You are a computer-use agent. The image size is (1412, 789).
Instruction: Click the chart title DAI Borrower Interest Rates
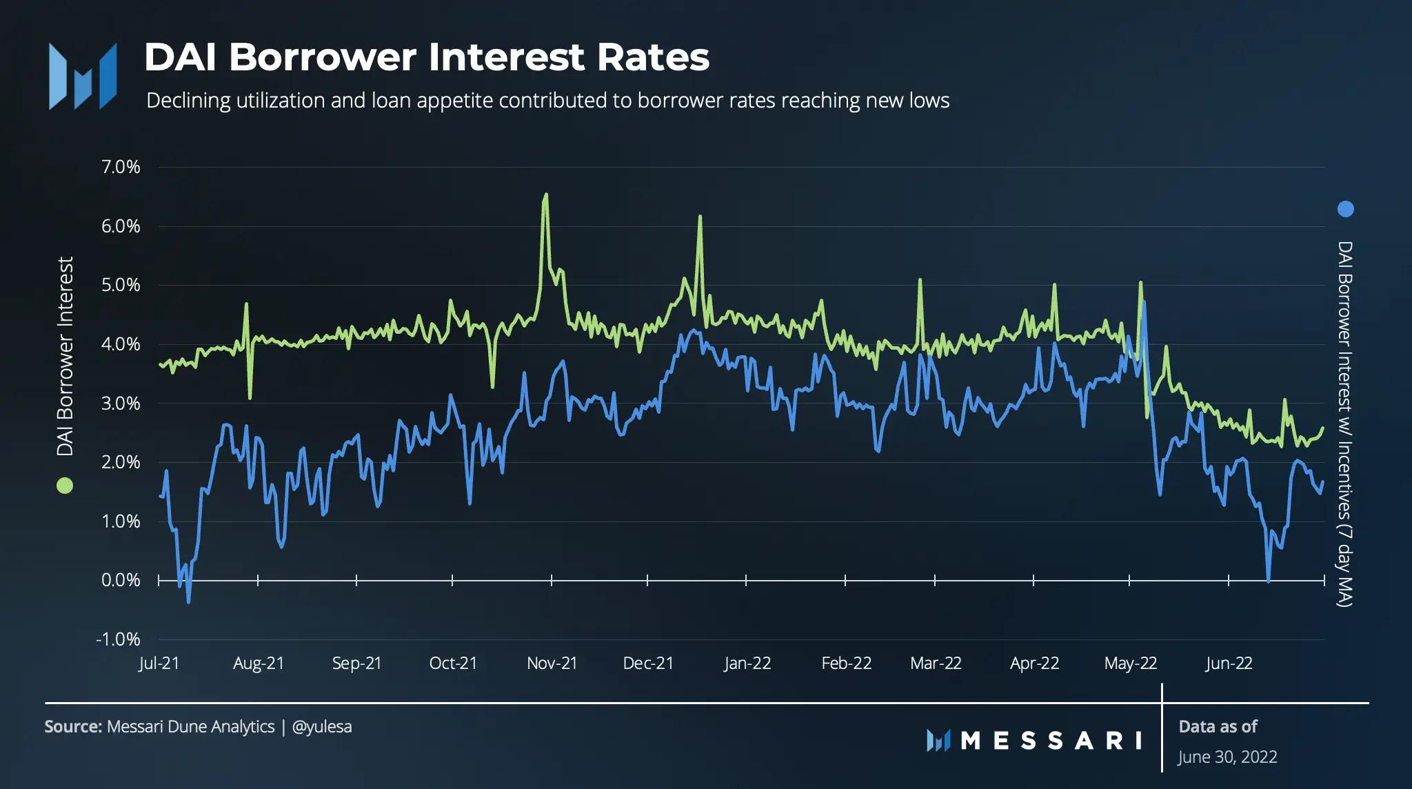point(426,57)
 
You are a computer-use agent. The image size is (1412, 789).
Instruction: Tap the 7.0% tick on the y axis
point(121,167)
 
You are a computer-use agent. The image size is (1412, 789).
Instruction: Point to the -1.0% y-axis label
point(118,639)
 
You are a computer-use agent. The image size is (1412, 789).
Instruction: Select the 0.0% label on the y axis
point(121,580)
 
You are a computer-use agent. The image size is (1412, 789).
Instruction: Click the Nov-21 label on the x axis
point(552,663)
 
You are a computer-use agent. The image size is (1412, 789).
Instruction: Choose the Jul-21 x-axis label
point(159,663)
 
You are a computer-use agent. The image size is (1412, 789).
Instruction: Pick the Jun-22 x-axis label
point(1229,663)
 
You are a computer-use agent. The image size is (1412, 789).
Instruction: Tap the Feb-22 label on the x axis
point(846,663)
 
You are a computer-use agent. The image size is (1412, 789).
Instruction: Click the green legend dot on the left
point(64,486)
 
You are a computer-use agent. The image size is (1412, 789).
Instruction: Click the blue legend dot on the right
point(1345,209)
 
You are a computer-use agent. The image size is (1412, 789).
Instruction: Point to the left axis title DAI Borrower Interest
point(65,357)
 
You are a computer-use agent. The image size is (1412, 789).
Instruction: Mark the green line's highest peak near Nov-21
point(546,194)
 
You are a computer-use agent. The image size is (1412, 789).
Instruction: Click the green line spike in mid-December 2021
point(700,217)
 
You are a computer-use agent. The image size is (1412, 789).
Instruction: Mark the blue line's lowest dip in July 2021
point(189,602)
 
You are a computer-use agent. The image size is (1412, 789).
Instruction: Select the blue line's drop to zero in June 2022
point(1268,581)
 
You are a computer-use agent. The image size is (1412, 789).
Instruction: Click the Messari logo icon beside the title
point(83,77)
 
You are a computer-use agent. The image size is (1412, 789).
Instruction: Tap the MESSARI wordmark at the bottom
point(1034,741)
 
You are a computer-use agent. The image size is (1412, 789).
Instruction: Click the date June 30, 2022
point(1227,757)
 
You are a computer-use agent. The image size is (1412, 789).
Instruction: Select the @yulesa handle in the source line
point(322,727)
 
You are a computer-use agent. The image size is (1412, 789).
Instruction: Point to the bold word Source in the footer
point(72,727)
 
